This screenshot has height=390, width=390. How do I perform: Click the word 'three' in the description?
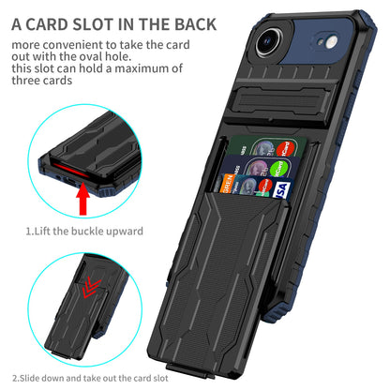(25, 81)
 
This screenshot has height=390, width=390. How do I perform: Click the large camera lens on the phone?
(269, 41)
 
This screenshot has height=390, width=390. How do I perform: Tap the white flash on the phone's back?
(332, 42)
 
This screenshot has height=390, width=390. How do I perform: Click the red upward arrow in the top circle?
(82, 199)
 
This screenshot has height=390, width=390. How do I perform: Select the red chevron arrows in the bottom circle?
(91, 287)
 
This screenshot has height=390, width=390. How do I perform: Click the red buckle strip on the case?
(70, 170)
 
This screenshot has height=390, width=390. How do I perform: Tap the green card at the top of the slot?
(267, 146)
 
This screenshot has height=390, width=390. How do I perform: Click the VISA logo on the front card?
(281, 190)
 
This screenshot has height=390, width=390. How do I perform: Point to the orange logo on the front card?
(227, 183)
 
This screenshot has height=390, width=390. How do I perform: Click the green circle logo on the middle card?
(278, 169)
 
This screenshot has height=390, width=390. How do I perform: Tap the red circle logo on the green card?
(285, 149)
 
